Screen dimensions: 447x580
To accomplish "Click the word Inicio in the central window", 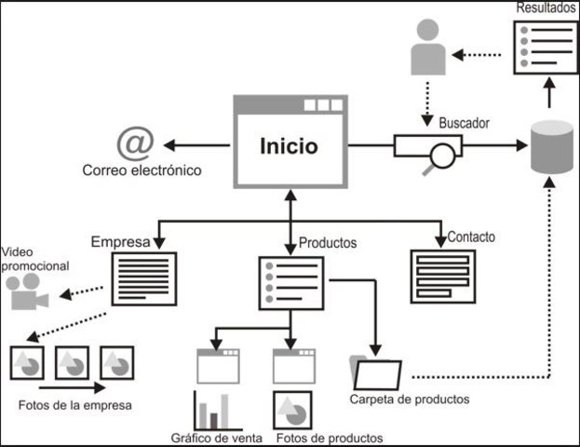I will (289, 146).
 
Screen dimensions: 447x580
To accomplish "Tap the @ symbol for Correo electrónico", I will (135, 143).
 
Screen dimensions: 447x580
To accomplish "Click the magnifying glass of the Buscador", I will (441, 155).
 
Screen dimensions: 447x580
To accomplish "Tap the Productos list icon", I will (290, 283).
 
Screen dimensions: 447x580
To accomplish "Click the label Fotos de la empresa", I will (74, 405).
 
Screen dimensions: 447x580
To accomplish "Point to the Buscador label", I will (465, 122).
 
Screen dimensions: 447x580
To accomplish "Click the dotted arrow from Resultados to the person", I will (482, 54).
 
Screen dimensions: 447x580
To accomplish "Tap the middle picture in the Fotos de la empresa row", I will (72, 360).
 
